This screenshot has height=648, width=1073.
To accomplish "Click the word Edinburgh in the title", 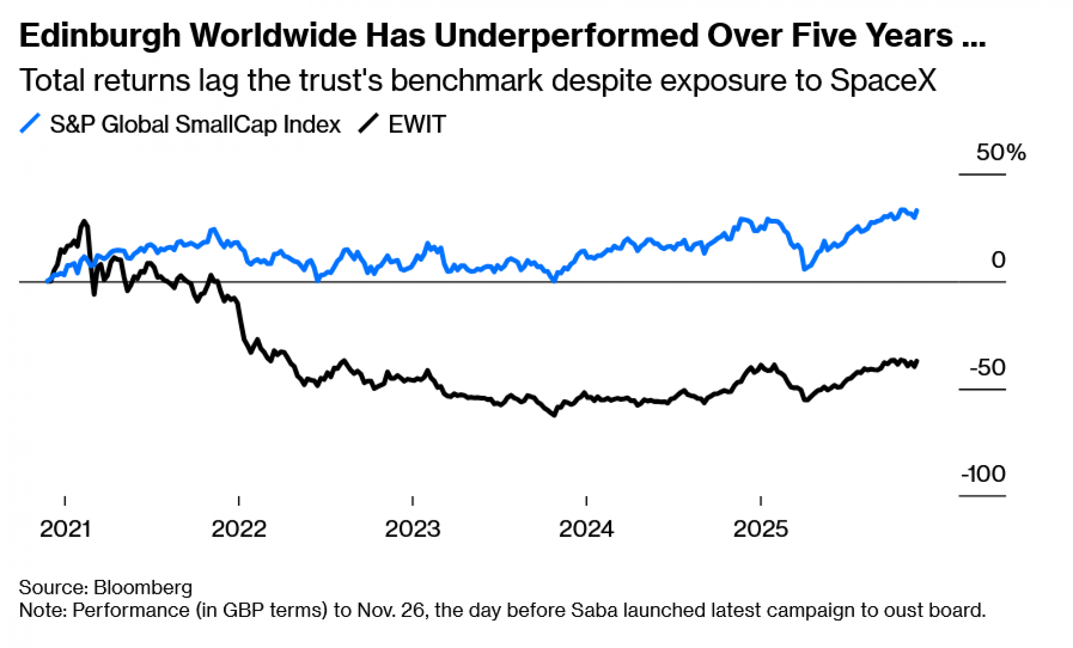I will (x=100, y=36).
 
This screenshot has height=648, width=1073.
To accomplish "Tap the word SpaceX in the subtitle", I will (x=883, y=80).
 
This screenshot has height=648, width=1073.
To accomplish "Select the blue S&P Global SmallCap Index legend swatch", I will (x=30, y=124).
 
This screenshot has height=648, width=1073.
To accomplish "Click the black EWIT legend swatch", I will (x=369, y=124).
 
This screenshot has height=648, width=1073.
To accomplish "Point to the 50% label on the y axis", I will (x=1001, y=153).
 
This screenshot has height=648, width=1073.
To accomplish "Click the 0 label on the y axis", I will (x=998, y=260).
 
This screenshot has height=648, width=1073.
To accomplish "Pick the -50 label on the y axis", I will (x=987, y=368).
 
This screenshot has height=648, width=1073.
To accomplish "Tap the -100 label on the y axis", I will (x=983, y=474).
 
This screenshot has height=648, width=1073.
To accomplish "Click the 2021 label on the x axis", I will (x=65, y=529).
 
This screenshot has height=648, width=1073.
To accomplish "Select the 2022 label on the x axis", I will (x=239, y=529).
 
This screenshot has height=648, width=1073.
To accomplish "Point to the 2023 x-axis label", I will (x=413, y=529).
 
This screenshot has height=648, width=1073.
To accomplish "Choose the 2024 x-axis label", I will (x=586, y=529).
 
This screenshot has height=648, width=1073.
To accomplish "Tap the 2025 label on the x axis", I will (x=760, y=529).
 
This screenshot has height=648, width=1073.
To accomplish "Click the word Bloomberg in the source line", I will (x=143, y=587).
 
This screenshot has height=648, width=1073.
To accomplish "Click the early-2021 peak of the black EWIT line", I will (x=84, y=221).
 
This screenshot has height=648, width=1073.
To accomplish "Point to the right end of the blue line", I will (x=917, y=210).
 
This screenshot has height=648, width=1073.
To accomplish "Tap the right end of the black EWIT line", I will (x=917, y=361).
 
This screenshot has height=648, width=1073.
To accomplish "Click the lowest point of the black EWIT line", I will (x=554, y=415).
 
